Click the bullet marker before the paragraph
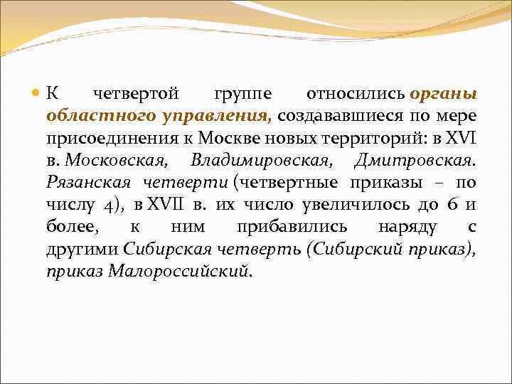(37, 95)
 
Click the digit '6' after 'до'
(452, 204)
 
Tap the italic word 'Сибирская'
(160, 248)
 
